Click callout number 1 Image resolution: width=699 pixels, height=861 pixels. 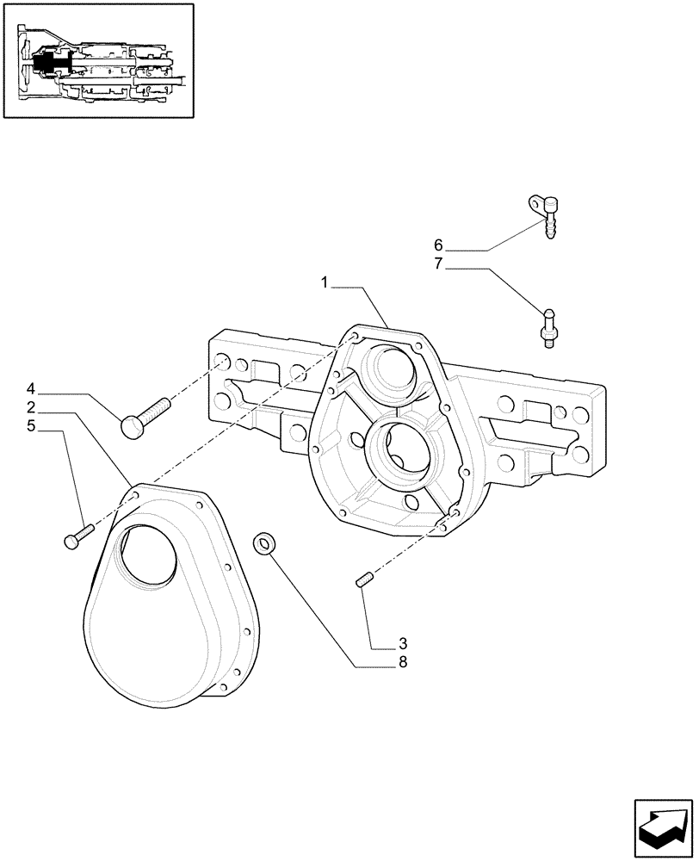pyautogui.click(x=325, y=282)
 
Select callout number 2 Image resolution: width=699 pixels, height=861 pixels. pyautogui.click(x=30, y=406)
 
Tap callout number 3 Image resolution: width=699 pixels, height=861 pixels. pyautogui.click(x=402, y=643)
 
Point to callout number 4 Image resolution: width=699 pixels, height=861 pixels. pyautogui.click(x=30, y=388)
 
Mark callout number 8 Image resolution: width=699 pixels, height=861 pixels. pyautogui.click(x=402, y=662)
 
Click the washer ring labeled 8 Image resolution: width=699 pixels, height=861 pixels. pyautogui.click(x=264, y=543)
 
